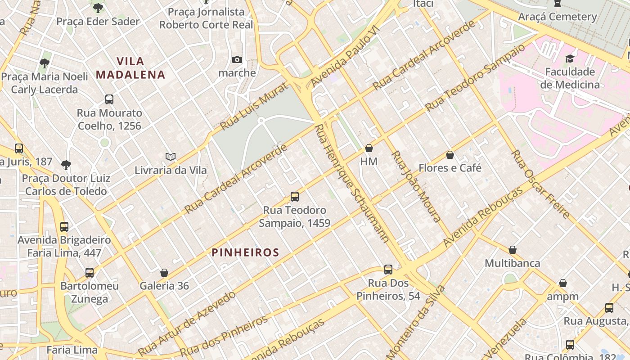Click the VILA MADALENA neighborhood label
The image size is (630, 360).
130,67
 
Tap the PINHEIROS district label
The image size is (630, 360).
246,252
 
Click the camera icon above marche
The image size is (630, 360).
237,59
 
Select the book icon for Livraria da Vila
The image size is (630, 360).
170,157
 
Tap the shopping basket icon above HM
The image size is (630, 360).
369,148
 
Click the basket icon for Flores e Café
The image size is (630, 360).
450,155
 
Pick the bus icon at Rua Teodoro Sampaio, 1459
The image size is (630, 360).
294,197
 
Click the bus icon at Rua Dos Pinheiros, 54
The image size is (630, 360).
388,270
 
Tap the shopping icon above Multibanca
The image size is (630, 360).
512,250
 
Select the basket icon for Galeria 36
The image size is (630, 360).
164,273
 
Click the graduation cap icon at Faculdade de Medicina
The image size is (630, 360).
570,58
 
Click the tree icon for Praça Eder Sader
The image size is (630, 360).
98,8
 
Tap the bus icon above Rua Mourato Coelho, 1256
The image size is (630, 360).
109,99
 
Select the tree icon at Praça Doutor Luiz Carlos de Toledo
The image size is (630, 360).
66,165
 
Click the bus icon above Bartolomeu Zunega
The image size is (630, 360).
90,272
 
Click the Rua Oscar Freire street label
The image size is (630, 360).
540,184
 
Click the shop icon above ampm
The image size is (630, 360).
562,283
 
